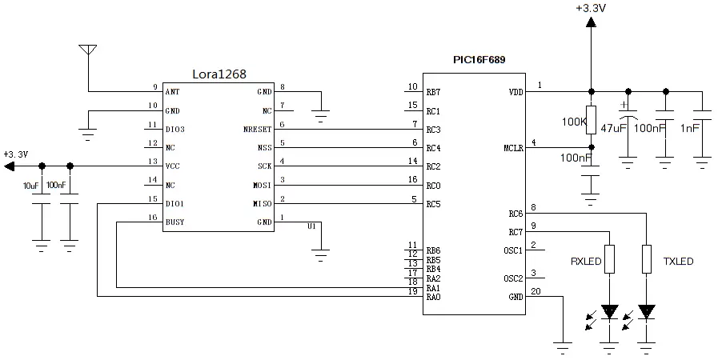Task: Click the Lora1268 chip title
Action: [x=219, y=74]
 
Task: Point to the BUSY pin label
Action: [x=175, y=222]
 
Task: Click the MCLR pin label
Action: [x=513, y=148]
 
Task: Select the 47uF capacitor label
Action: [x=614, y=127]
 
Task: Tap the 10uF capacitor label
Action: [x=31, y=186]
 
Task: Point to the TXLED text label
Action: [x=678, y=261]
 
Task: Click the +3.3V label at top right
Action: [x=590, y=8]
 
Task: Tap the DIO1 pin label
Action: [x=175, y=204]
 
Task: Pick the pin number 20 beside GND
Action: [x=535, y=291]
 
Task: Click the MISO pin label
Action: [x=261, y=204]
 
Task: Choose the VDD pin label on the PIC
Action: [x=515, y=92]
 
